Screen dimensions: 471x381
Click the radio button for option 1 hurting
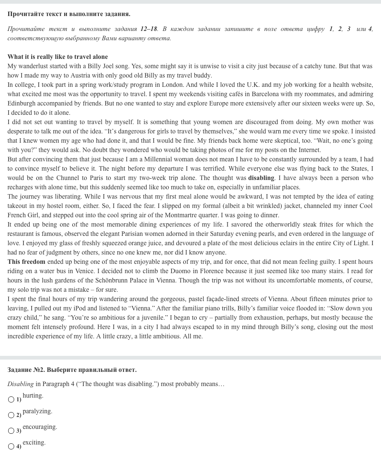(x=11, y=399)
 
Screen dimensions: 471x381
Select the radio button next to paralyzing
(x=11, y=415)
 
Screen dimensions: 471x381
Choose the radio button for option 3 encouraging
(x=11, y=431)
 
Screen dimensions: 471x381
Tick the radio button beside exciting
(x=11, y=446)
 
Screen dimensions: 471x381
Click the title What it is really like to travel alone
(x=58, y=57)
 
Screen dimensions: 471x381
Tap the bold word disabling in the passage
(x=261, y=178)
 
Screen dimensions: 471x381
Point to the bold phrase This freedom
(x=26, y=262)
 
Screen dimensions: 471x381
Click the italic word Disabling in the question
(x=20, y=384)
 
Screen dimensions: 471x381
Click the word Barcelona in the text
(x=265, y=94)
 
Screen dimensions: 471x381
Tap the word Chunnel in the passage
(x=67, y=178)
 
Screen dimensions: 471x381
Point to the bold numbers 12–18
(x=149, y=29)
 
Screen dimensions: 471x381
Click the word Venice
(x=85, y=271)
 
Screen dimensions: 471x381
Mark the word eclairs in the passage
(x=297, y=243)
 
